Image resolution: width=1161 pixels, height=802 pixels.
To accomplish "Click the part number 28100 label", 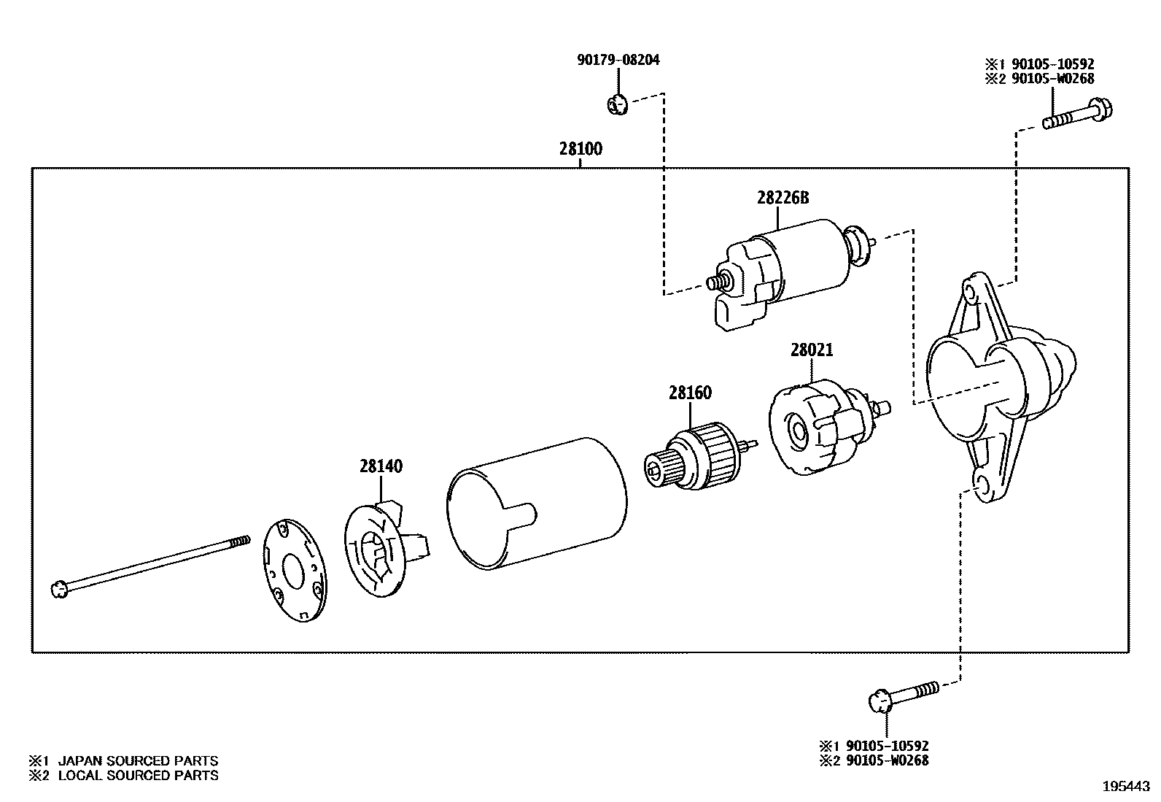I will pyautogui.click(x=580, y=149).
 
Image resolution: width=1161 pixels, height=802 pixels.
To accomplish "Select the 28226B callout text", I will pyautogui.click(x=783, y=198).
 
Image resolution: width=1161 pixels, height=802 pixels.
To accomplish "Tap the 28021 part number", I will pyautogui.click(x=811, y=350).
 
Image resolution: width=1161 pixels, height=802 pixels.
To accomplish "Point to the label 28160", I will pyautogui.click(x=690, y=393).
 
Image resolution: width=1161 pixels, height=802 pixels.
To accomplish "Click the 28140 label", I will pyautogui.click(x=380, y=466).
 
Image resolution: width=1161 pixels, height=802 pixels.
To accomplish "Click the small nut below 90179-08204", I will pyautogui.click(x=616, y=105).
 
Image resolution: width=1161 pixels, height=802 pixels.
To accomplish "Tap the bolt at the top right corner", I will pyautogui.click(x=1078, y=116).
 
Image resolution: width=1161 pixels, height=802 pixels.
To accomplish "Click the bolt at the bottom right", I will pyautogui.click(x=904, y=695).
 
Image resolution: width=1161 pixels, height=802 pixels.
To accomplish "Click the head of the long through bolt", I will pyautogui.click(x=60, y=589).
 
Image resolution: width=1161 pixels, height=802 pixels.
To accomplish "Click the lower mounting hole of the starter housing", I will pyautogui.click(x=982, y=487).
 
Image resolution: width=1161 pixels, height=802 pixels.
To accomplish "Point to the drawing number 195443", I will pyautogui.click(x=1125, y=787).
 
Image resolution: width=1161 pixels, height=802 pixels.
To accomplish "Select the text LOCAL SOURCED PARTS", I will pyautogui.click(x=138, y=776).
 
